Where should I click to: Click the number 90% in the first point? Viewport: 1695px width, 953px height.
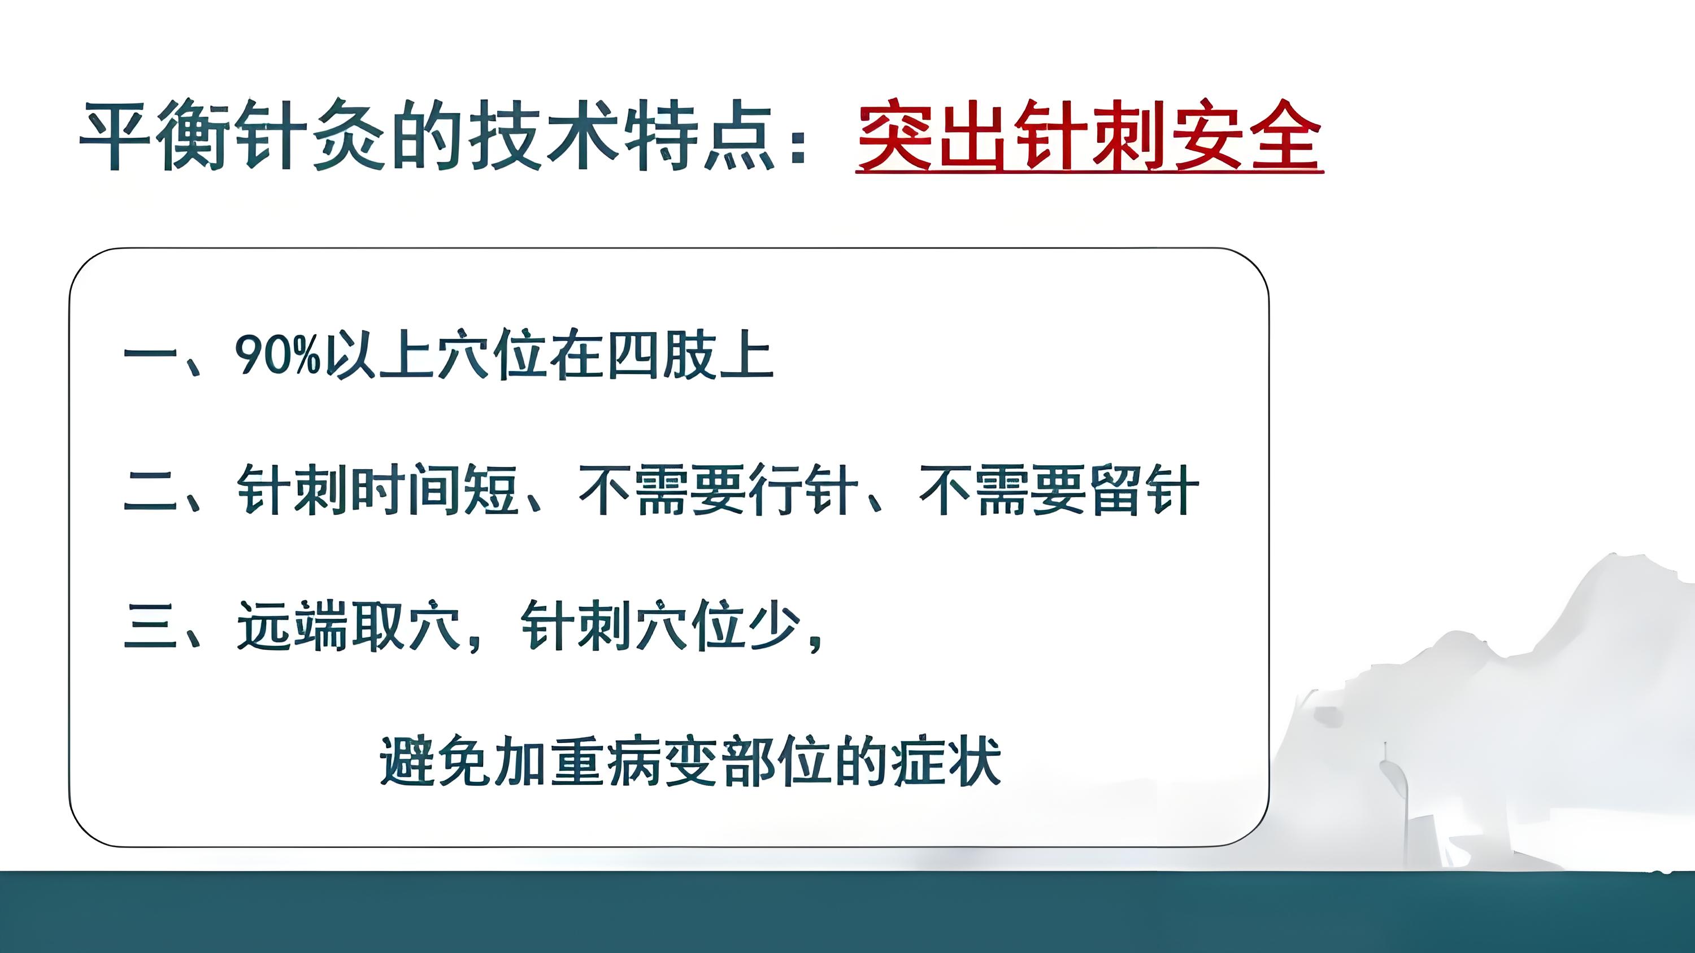click(x=277, y=355)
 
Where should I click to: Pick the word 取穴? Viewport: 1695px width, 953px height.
click(x=406, y=626)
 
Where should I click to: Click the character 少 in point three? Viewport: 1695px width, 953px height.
click(x=775, y=626)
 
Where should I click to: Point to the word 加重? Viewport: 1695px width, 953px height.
click(x=549, y=762)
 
